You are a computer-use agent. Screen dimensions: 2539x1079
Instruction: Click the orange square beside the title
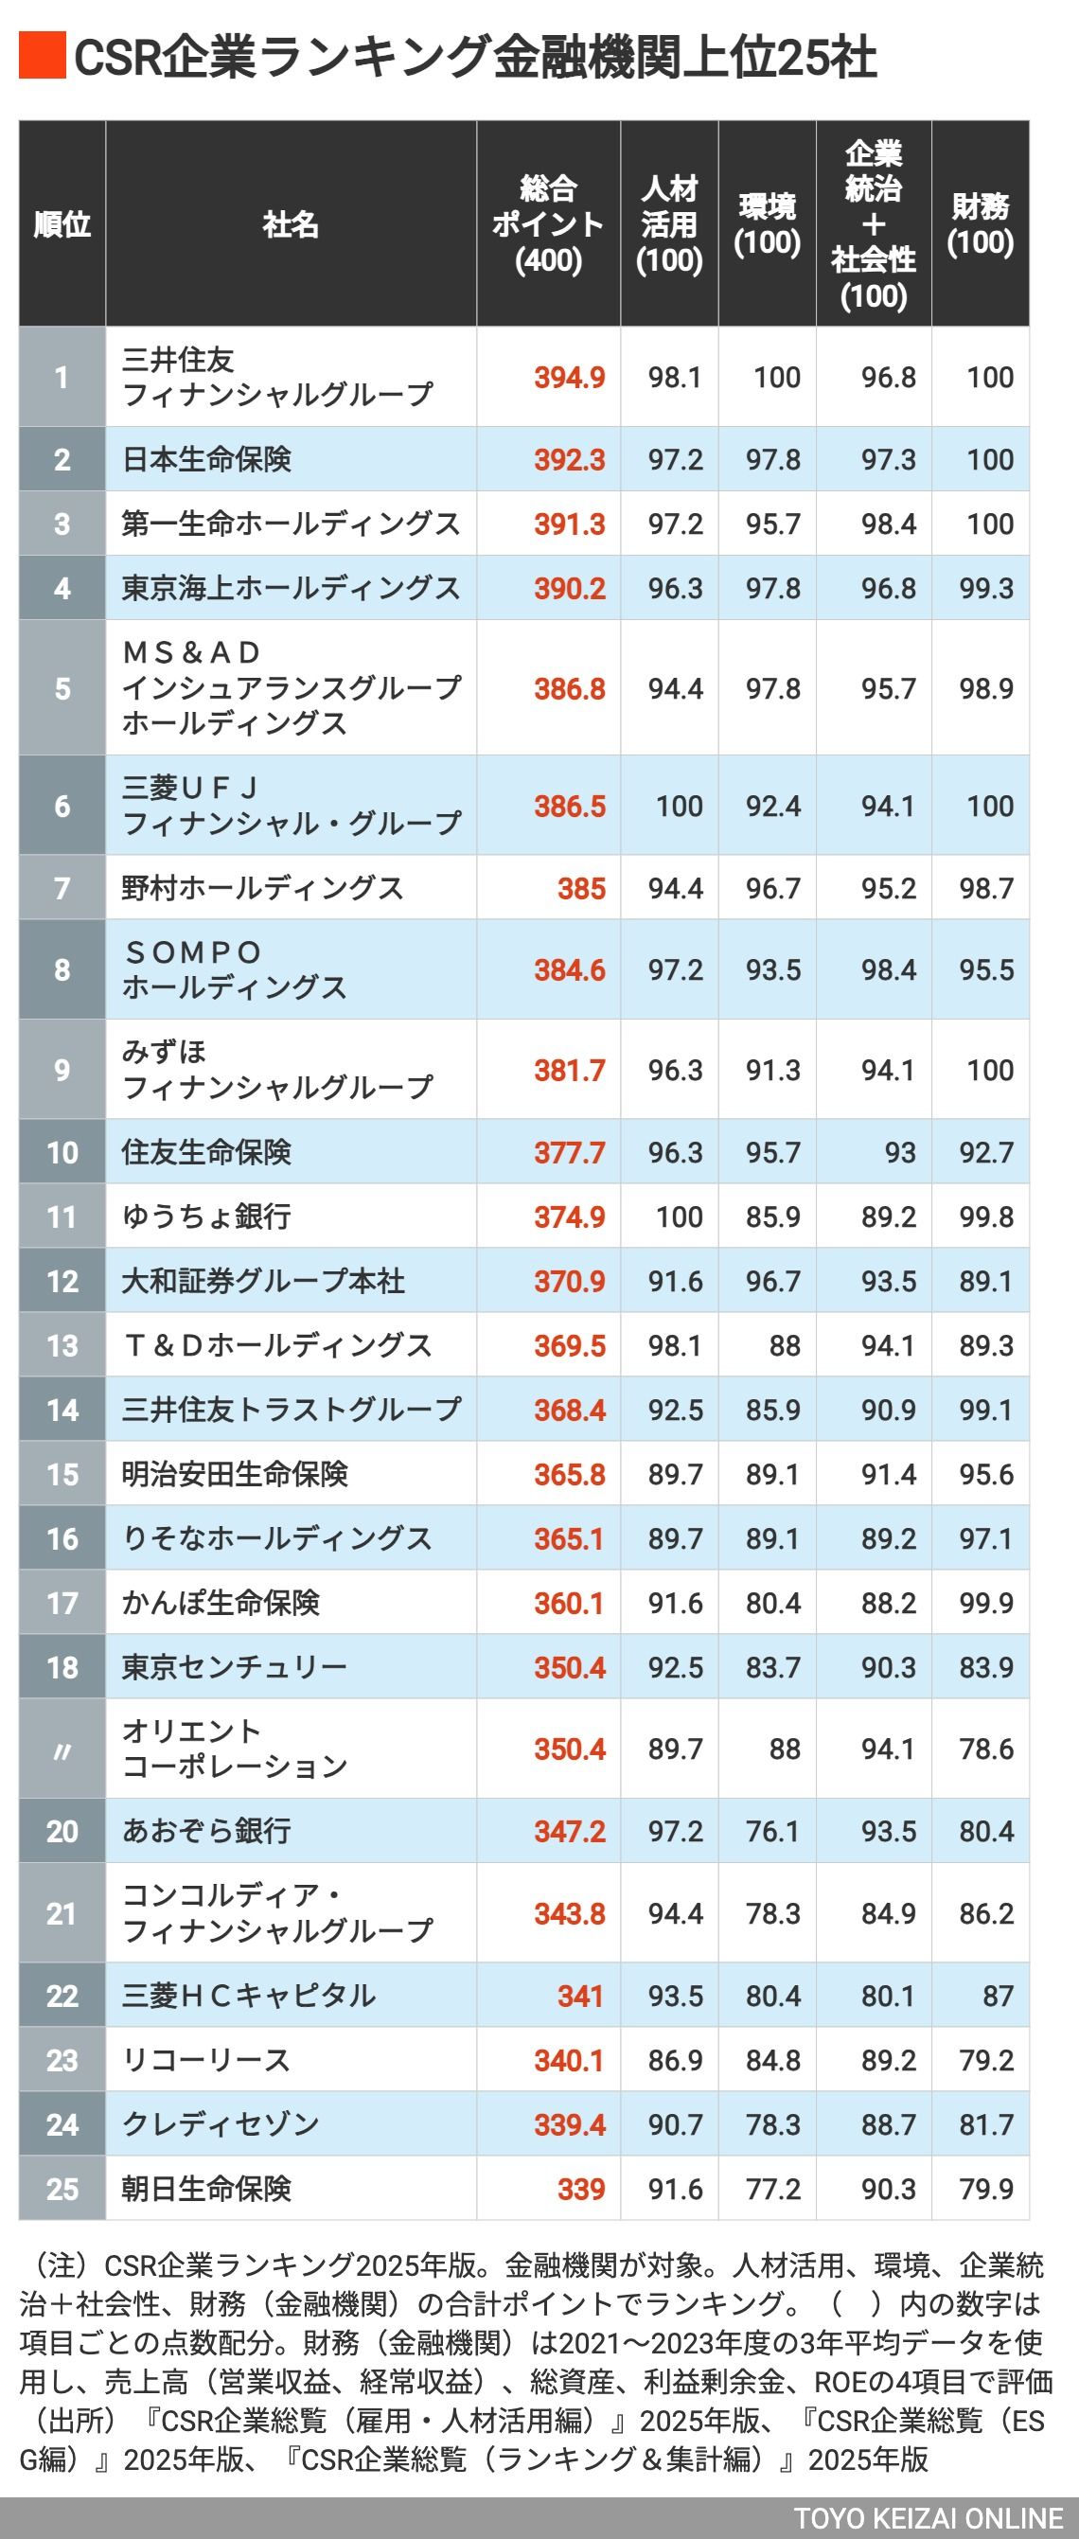tap(42, 56)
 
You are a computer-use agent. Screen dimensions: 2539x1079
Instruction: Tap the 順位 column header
tap(62, 224)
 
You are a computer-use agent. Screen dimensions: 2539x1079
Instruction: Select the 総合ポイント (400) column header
tap(548, 224)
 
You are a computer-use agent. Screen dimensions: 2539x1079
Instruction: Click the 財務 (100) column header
tap(980, 224)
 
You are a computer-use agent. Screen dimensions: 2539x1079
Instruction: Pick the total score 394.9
tap(570, 378)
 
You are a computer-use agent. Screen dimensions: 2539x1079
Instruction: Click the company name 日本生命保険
tap(207, 459)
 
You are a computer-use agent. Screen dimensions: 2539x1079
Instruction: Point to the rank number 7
tap(62, 888)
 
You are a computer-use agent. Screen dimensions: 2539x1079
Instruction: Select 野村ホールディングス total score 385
tap(581, 889)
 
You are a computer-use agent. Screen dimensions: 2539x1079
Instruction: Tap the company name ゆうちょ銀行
tap(206, 1216)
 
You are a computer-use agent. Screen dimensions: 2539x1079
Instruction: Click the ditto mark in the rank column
tap(62, 1749)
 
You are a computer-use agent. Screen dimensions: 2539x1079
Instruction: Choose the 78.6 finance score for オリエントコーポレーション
tap(986, 1749)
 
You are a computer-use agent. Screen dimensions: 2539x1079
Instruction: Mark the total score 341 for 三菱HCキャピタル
tap(580, 1996)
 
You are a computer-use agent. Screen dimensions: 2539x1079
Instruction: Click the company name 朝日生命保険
tap(207, 2189)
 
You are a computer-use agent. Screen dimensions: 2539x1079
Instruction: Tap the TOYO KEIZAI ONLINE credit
tap(929, 2518)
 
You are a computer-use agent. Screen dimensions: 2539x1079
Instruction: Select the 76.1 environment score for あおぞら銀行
tap(772, 1831)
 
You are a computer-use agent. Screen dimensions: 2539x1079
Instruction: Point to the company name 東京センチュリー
tap(235, 1668)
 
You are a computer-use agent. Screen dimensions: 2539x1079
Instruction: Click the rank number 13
tap(62, 1345)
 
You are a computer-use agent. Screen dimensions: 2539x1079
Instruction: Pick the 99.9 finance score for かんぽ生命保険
tap(986, 1604)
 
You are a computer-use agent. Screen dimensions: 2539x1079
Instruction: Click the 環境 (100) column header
tap(767, 224)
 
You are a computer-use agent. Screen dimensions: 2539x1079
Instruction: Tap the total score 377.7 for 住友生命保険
tap(570, 1152)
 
